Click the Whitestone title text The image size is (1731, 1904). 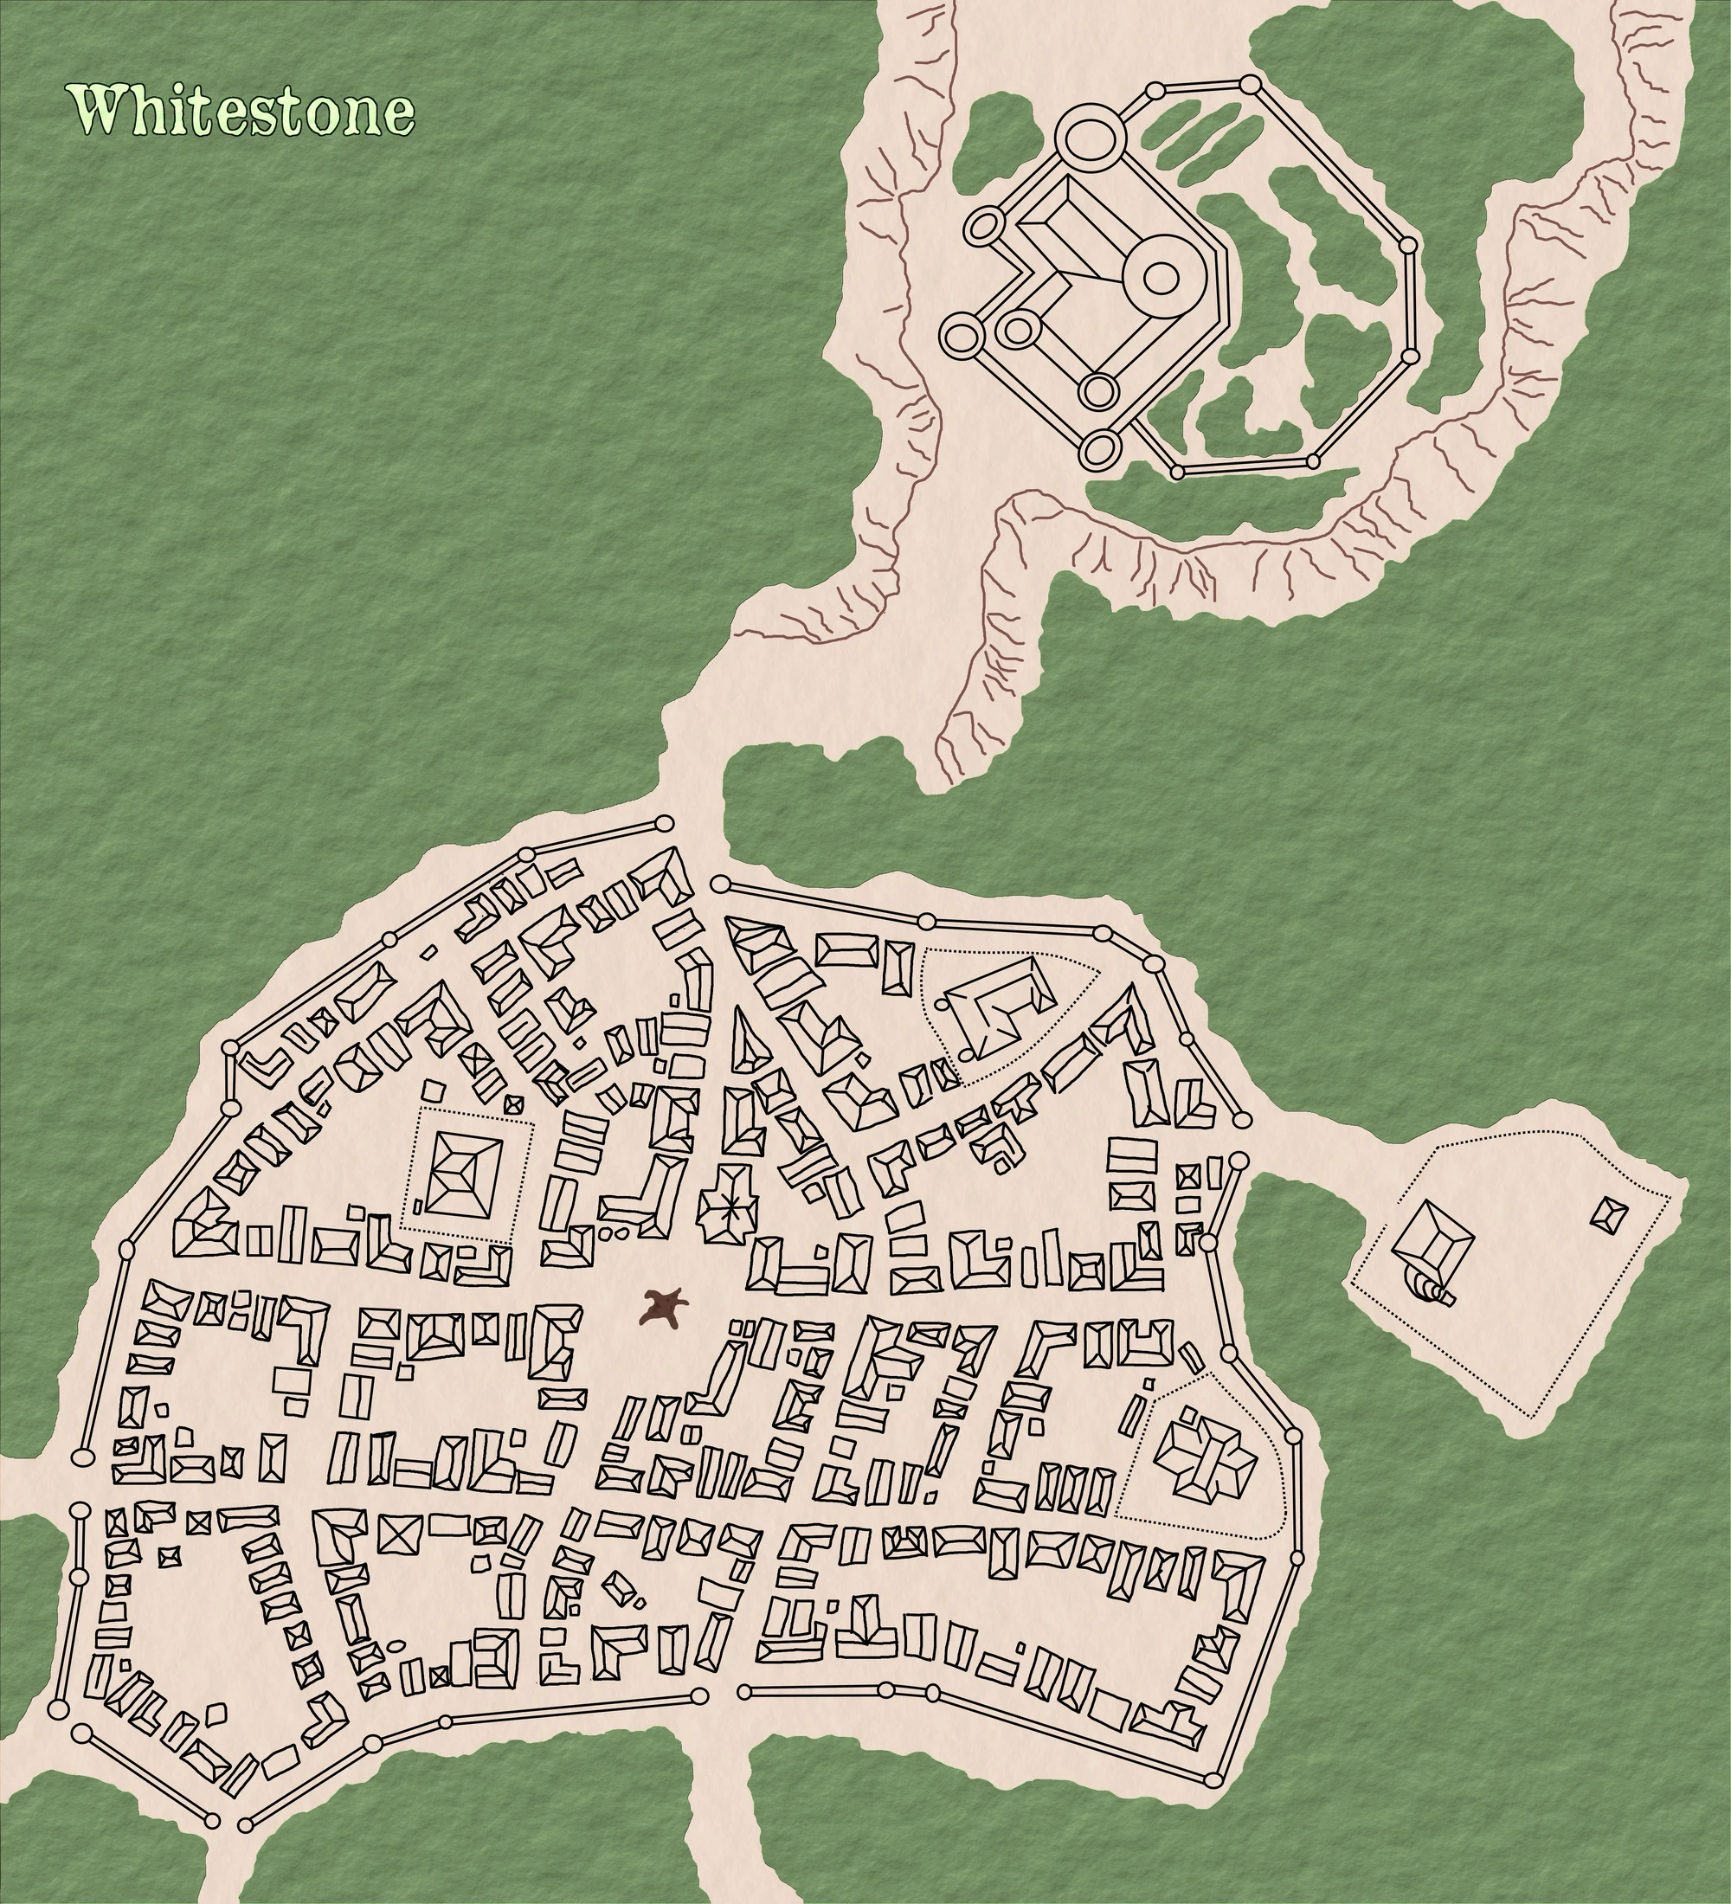pyautogui.click(x=241, y=111)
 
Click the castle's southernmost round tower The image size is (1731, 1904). pyautogui.click(x=1101, y=448)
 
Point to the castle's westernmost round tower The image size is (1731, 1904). pyautogui.click(x=962, y=335)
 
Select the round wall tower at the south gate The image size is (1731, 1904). pyautogui.click(x=698, y=1696)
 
